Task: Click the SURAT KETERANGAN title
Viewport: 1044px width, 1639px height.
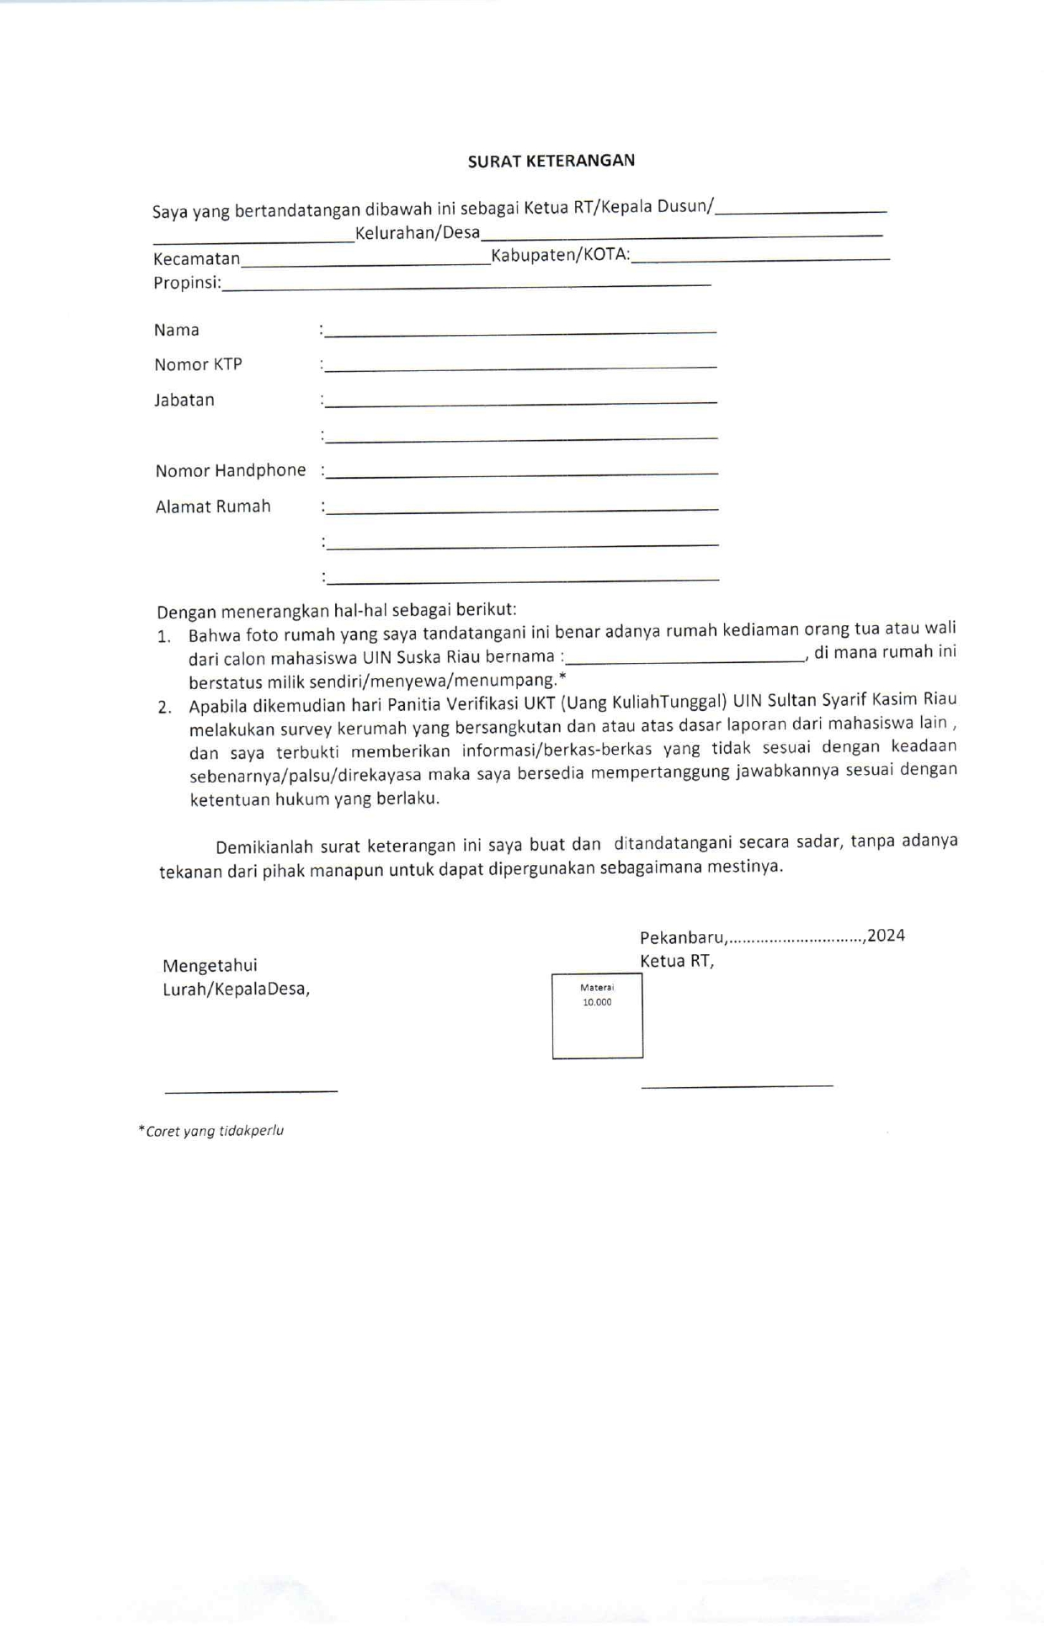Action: (551, 161)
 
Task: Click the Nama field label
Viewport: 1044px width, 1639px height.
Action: (177, 330)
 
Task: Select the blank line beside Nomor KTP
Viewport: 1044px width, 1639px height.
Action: (521, 367)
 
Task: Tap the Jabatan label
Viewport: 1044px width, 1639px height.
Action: (184, 400)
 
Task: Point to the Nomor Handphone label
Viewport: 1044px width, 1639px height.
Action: (231, 470)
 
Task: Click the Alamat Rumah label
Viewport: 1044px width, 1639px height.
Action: (213, 507)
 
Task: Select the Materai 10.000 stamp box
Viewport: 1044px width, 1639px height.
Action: (597, 1016)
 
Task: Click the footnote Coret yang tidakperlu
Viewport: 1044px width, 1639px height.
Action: (212, 1131)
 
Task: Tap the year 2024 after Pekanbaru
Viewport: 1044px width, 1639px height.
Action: (886, 936)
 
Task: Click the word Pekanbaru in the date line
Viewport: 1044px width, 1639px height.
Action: (682, 937)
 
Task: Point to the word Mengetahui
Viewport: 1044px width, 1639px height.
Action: (210, 965)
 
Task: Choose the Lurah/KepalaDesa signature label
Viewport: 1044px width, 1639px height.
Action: (236, 989)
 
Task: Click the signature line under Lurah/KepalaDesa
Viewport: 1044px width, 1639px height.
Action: (251, 1091)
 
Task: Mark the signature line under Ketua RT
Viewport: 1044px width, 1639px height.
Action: (737, 1086)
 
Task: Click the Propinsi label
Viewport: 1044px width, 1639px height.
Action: (186, 283)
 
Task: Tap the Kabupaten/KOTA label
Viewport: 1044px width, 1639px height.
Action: (560, 255)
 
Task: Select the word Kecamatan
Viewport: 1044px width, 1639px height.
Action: (196, 259)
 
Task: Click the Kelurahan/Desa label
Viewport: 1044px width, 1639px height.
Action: (418, 233)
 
